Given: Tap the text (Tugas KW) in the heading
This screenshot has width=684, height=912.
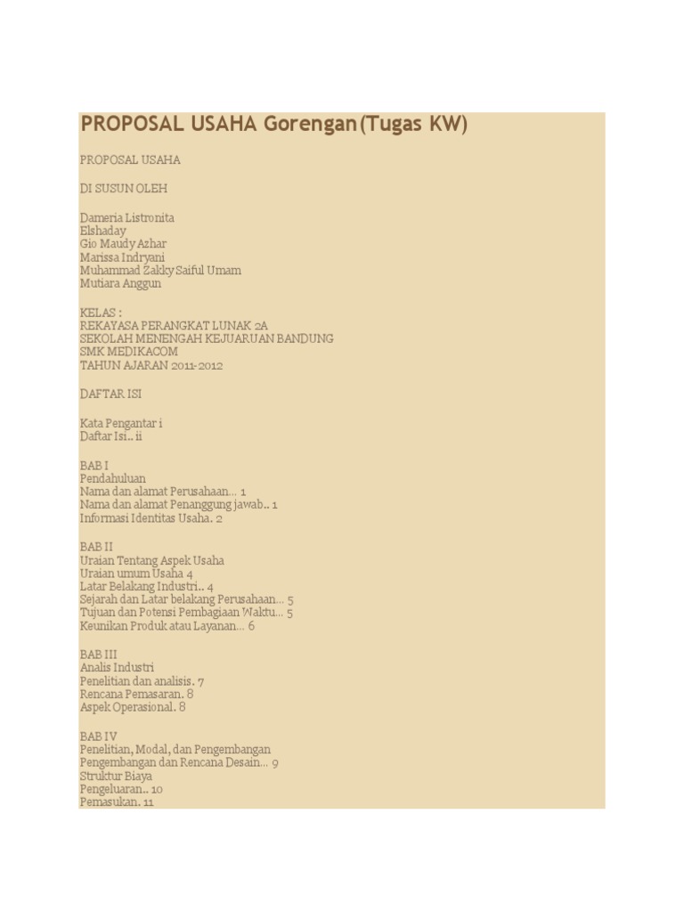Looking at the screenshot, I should point(412,124).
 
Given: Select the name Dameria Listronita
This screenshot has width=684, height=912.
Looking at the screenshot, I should point(126,217).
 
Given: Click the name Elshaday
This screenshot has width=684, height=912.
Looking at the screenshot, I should point(103,231).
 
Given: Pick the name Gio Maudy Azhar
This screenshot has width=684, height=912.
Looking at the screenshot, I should point(123,244).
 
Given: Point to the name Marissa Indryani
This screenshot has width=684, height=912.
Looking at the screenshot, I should point(122,257).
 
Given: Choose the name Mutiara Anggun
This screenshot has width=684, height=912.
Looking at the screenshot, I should point(120,283).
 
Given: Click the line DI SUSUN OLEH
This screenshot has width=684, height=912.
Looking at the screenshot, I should point(123,189).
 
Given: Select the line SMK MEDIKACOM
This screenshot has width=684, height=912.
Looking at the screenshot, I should point(128,352).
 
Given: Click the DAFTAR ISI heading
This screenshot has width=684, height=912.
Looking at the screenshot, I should point(110,394).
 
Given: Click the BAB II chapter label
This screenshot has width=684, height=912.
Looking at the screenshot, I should point(96,547).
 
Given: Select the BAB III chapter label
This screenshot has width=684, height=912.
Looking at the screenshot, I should point(98,655).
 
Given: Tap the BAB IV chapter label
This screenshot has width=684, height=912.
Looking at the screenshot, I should point(98,737).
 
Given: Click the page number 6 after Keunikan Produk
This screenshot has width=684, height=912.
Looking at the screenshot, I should point(251,626).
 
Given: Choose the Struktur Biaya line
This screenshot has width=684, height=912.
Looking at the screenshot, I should point(116,776).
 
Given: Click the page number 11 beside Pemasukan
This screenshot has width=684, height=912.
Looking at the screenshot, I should point(148,802).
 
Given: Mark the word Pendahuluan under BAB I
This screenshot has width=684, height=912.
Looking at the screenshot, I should point(112,478).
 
